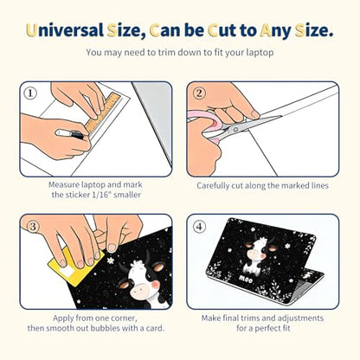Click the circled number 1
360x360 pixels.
(x=30, y=93)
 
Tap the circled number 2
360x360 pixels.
(x=199, y=93)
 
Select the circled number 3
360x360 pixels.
(x=33, y=226)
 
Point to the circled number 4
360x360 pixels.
(x=199, y=227)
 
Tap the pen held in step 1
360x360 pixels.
(x=70, y=134)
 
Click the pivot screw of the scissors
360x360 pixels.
(x=235, y=129)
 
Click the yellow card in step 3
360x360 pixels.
(x=75, y=267)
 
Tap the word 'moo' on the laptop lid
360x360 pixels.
(x=246, y=280)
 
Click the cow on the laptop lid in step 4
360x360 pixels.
(x=254, y=255)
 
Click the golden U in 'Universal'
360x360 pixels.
(x=32, y=30)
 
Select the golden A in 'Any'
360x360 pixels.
(x=265, y=30)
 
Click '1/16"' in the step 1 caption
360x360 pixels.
(x=101, y=195)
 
